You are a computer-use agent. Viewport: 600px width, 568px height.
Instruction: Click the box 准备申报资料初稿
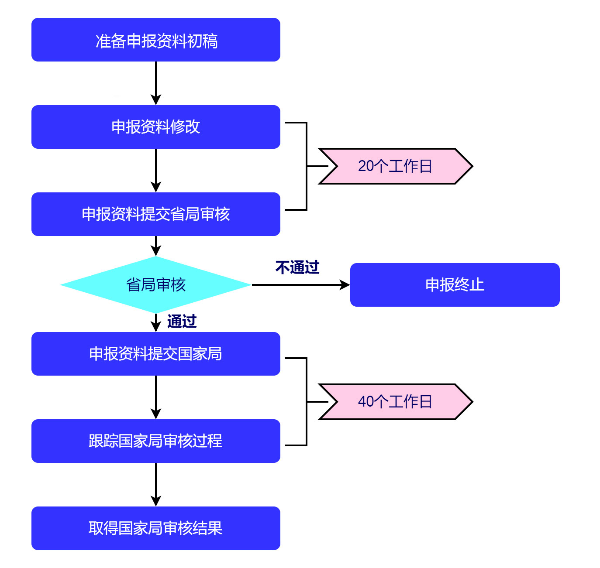click(x=155, y=40)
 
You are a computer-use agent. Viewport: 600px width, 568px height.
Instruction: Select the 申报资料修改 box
click(x=155, y=127)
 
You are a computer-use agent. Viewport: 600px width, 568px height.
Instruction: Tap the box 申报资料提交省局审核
click(x=155, y=214)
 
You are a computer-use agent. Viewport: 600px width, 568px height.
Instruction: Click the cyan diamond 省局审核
click(x=155, y=285)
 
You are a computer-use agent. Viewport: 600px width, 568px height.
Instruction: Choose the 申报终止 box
click(x=455, y=285)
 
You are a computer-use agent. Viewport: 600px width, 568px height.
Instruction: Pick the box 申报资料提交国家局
click(x=155, y=354)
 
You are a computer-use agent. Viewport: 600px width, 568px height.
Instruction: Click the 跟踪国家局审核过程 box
click(x=155, y=441)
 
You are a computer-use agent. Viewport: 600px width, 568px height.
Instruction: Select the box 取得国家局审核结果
click(x=155, y=528)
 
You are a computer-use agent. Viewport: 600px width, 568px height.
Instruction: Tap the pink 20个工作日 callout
click(x=395, y=166)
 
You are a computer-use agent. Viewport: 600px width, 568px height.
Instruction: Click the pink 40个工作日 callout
click(x=395, y=402)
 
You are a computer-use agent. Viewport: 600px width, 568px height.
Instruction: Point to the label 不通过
click(x=297, y=267)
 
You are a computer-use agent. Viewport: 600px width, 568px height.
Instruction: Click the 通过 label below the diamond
click(x=182, y=322)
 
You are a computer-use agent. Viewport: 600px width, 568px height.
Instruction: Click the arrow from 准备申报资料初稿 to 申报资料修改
click(x=156, y=83)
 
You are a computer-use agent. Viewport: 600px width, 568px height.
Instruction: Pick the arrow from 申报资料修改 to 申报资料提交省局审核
click(x=156, y=170)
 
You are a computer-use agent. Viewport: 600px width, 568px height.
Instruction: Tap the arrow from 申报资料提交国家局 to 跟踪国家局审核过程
click(x=156, y=397)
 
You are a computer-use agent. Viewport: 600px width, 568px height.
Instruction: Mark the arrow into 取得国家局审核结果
click(x=156, y=484)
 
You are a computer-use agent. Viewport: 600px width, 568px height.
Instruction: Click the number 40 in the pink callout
click(x=366, y=402)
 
